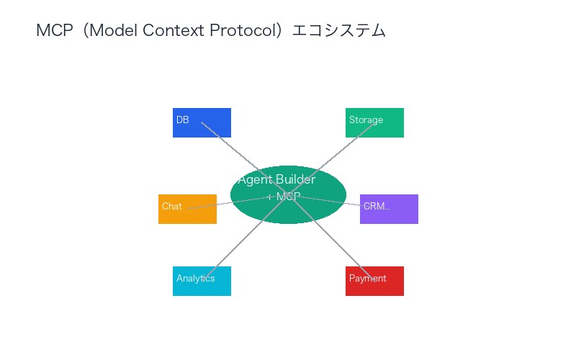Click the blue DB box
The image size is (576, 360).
[x=202, y=122]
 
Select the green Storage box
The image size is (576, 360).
[x=374, y=122]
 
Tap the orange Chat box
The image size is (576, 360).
[x=187, y=209]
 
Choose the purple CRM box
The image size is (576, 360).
[x=389, y=209]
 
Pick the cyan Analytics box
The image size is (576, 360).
[x=202, y=281]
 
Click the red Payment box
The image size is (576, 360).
[x=374, y=281]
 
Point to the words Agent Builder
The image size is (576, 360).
[x=276, y=180]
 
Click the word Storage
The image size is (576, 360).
[x=366, y=120]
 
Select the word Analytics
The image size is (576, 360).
[x=195, y=279]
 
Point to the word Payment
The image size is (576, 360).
[x=367, y=279]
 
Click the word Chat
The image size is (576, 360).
[x=172, y=207]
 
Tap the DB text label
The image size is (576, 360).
[x=182, y=120]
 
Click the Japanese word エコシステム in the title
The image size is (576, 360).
[x=338, y=30]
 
